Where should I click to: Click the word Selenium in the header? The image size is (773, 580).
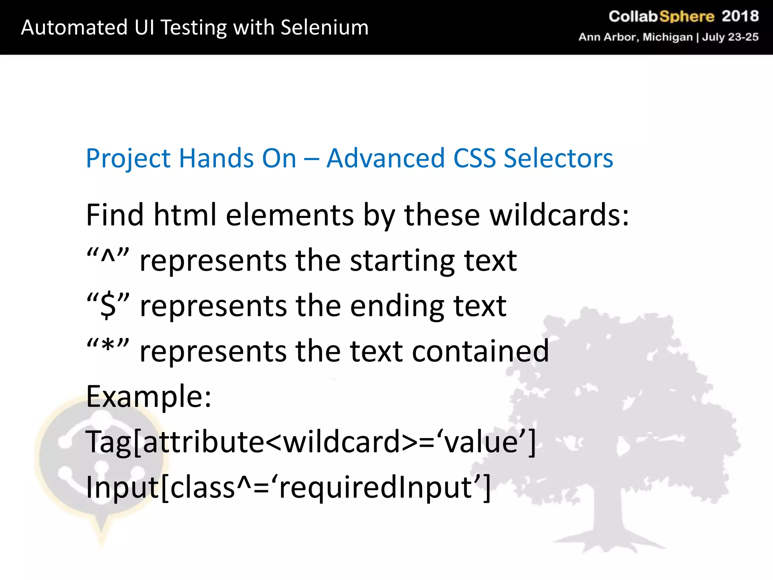(325, 28)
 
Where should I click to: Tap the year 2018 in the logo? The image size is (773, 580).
(740, 16)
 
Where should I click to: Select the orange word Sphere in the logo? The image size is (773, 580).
(687, 17)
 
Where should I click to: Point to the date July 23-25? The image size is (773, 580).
(730, 37)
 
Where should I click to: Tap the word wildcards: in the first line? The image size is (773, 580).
(559, 215)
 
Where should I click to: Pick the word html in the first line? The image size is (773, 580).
(185, 215)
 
